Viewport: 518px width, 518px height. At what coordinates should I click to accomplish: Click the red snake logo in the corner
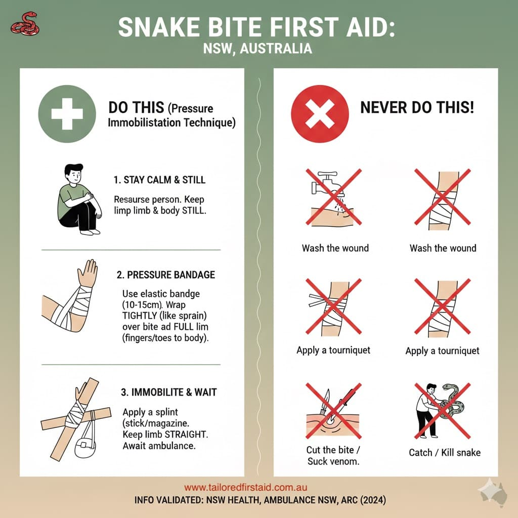pos(23,24)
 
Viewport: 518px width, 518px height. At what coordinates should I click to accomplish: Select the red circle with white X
pos(320,113)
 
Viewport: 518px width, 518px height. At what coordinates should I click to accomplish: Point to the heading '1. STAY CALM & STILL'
pos(159,180)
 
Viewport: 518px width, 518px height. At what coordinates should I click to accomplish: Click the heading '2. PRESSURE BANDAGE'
pos(165,275)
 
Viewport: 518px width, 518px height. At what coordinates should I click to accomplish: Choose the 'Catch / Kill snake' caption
pos(445,452)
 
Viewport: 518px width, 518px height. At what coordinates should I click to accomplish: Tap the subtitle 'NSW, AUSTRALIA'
pos(258,49)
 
